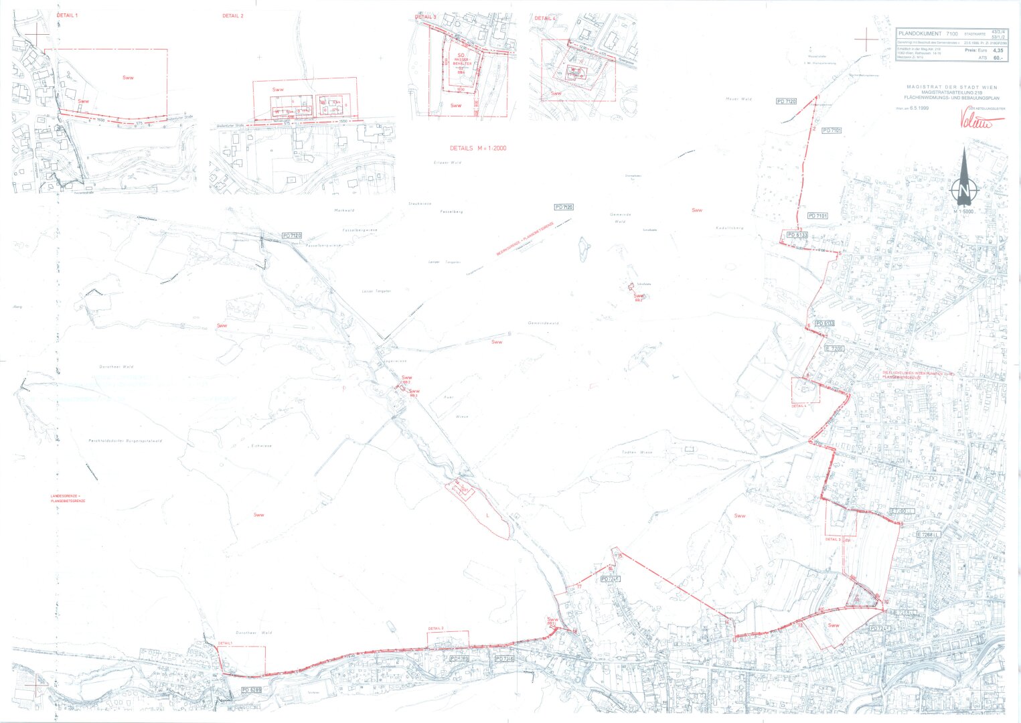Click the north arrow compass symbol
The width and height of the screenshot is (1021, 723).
(x=964, y=177)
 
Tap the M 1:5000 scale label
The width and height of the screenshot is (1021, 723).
(x=964, y=212)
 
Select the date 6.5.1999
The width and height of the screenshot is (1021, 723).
(x=919, y=108)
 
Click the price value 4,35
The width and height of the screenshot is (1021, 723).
(x=998, y=50)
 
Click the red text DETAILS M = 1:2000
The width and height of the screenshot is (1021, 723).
(x=478, y=148)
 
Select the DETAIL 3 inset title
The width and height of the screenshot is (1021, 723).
(x=425, y=17)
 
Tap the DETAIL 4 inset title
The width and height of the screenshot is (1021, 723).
(x=544, y=18)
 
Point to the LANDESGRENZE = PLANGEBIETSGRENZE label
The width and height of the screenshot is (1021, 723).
(x=68, y=499)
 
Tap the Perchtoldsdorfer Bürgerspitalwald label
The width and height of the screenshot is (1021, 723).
(x=126, y=441)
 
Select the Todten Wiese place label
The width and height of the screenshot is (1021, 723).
(x=637, y=453)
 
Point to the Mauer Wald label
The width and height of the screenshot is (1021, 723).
(x=738, y=98)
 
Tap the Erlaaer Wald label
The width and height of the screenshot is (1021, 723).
(x=447, y=163)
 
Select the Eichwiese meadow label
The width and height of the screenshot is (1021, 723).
(x=260, y=446)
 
